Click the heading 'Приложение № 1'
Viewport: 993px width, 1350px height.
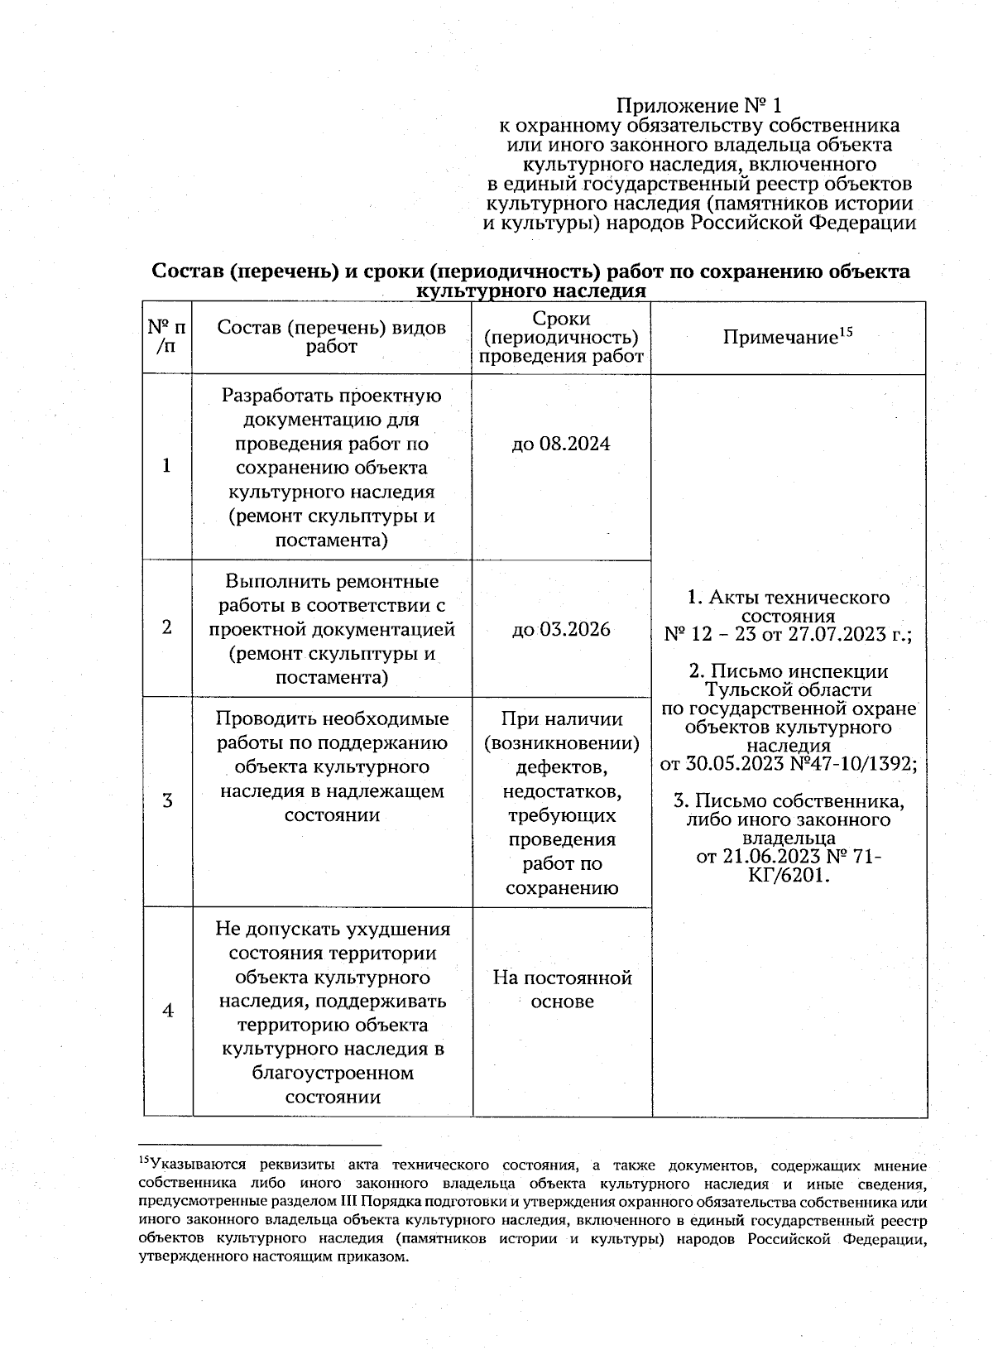tap(699, 106)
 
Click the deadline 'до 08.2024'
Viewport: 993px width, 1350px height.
tap(561, 444)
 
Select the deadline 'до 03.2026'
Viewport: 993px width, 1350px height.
tap(561, 630)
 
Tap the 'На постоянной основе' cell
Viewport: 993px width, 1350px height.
tap(562, 989)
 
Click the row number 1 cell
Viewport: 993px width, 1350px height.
tap(167, 466)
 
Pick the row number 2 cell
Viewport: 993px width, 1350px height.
tap(167, 627)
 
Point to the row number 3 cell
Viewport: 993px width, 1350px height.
tap(167, 800)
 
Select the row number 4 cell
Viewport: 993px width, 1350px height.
tap(167, 1011)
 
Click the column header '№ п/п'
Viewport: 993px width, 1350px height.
tap(166, 337)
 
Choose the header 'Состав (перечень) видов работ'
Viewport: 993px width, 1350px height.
tap(331, 337)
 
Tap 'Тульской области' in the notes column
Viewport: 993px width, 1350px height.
tap(788, 689)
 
